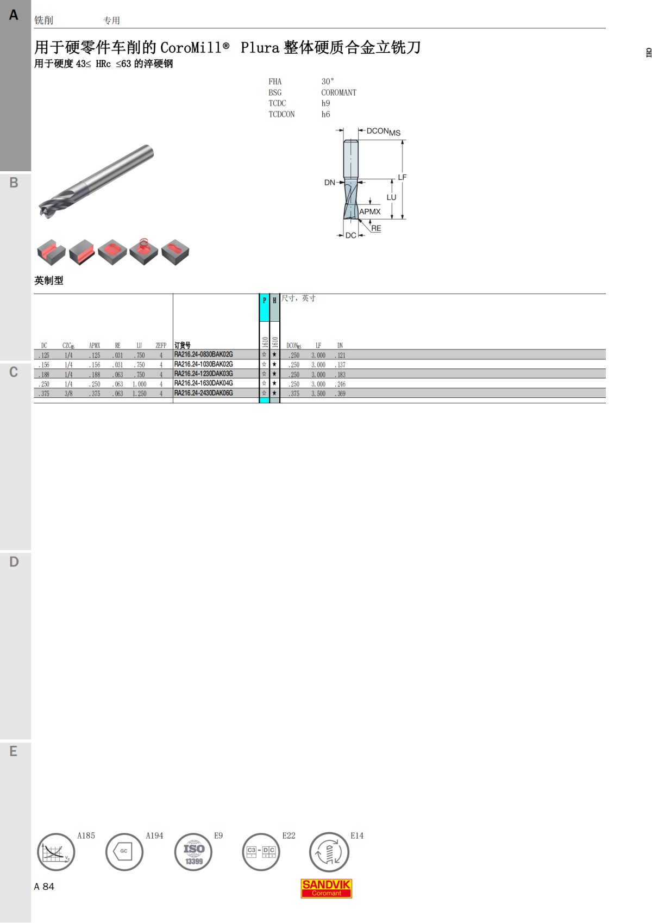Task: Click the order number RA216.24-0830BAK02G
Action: (x=203, y=354)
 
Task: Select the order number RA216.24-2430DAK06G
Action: (x=203, y=393)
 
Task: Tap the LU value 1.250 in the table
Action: (x=139, y=394)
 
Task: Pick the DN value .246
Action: (x=340, y=384)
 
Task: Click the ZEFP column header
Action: (x=161, y=345)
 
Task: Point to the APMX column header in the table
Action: (x=95, y=345)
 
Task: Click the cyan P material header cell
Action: (x=264, y=307)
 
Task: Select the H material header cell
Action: (x=274, y=307)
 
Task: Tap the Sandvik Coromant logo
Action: (x=326, y=888)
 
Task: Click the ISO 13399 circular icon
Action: (x=193, y=852)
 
